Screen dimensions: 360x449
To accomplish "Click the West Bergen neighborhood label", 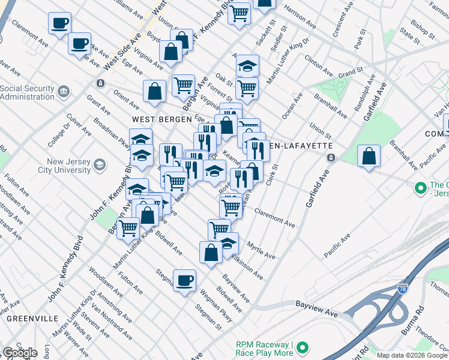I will point(153,119).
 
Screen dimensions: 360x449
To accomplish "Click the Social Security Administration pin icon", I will point(64,92).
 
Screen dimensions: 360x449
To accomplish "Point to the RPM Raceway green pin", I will point(303,347).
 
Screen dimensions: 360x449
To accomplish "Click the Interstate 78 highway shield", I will point(403,289).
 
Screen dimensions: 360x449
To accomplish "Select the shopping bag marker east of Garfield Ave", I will point(369,156).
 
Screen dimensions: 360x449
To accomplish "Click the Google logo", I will point(19,353).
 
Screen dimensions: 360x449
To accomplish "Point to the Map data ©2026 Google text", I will point(412,355).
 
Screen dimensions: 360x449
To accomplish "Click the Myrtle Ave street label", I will point(261,250).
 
